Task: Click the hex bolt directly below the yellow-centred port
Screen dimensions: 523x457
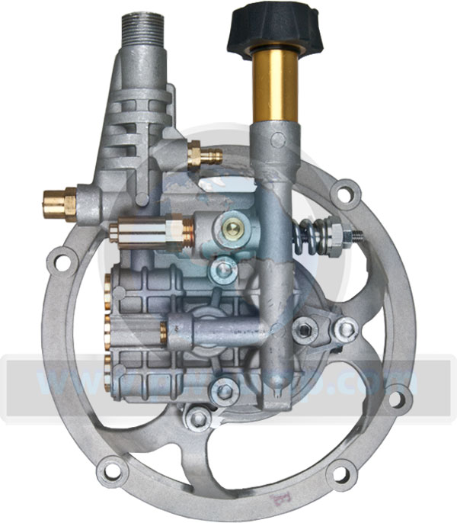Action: click(x=222, y=269)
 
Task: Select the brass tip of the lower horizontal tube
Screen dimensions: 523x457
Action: click(x=165, y=332)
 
